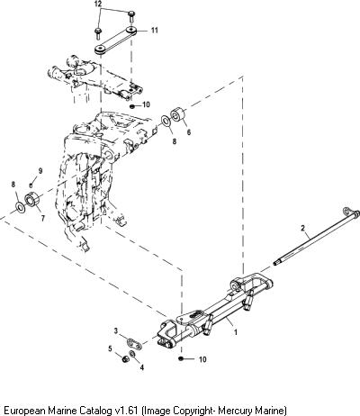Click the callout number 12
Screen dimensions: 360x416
98,4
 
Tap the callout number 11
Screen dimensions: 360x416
154,31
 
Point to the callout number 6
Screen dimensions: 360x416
189,132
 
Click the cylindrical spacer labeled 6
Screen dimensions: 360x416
177,114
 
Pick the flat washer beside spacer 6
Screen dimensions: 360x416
166,121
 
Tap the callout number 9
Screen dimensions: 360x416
40,171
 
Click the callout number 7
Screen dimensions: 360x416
43,218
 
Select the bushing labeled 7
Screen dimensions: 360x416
32,200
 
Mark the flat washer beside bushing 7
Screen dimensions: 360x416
21,207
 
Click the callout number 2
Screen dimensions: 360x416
302,228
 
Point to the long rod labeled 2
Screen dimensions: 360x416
317,237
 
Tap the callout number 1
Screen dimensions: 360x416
236,332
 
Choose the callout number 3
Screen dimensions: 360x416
116,331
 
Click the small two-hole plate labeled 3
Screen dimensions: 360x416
134,343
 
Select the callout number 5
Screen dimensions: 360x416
110,348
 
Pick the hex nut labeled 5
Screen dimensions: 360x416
125,358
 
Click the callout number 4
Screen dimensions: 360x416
142,366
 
